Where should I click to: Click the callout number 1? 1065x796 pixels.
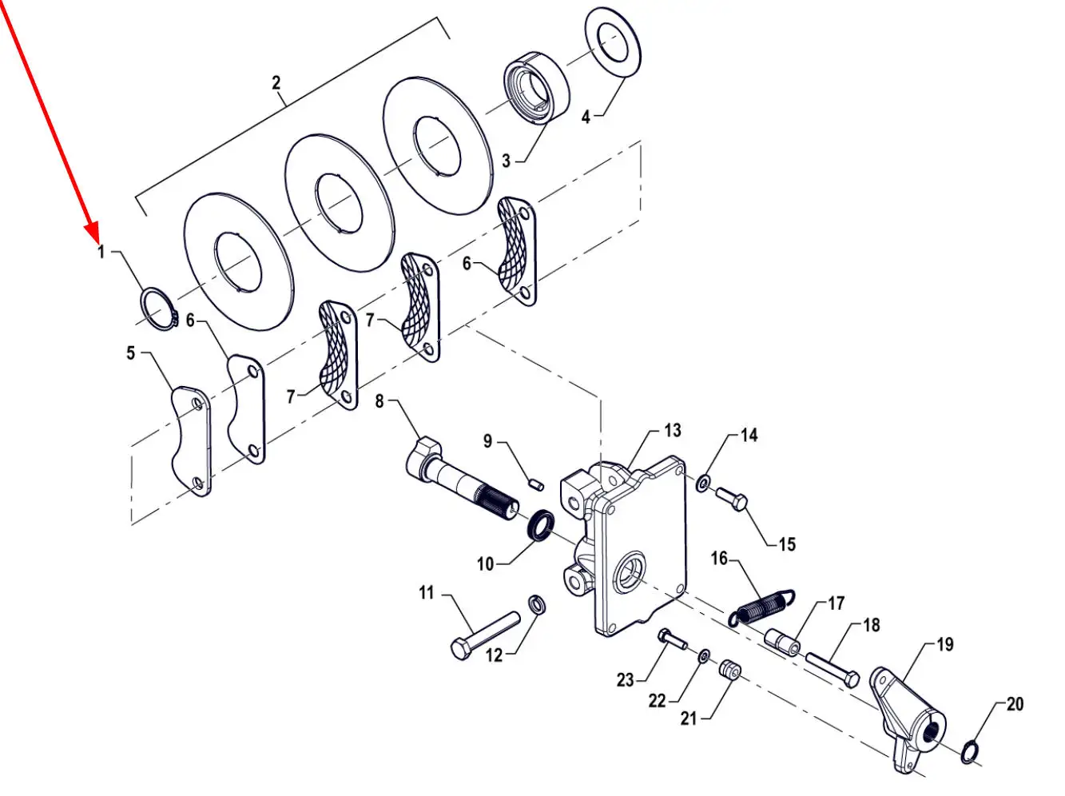tap(101, 252)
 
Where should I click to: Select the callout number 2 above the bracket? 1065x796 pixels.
tap(276, 82)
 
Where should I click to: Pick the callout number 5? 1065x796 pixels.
tap(130, 353)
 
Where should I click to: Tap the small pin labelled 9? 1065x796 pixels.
tap(535, 485)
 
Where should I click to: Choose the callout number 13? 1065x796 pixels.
tap(673, 431)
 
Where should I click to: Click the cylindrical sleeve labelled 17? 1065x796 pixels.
tap(783, 642)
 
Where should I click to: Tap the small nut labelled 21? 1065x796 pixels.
tap(730, 671)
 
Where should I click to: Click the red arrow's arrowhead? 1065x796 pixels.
tap(93, 233)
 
